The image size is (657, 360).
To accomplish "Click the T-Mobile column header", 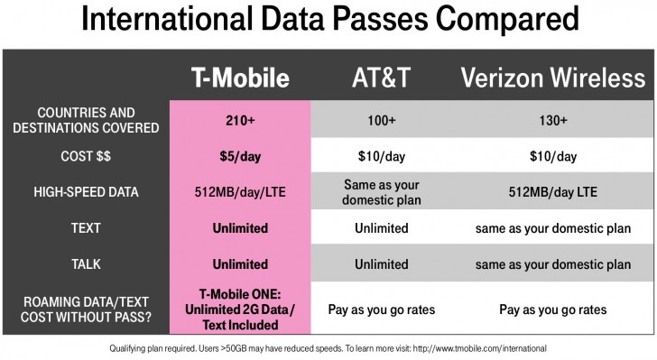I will click(x=240, y=79).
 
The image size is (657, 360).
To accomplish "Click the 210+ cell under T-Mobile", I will click(x=240, y=120).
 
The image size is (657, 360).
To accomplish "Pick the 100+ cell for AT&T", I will click(x=382, y=120).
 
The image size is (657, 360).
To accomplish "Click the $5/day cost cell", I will click(x=240, y=156).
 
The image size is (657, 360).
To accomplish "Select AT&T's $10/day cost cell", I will click(x=382, y=156).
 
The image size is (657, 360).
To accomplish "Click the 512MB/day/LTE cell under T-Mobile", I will click(x=240, y=192).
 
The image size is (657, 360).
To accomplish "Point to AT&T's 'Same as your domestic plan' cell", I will click(x=382, y=192).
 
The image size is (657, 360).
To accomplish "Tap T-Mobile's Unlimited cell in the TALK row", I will click(x=240, y=264).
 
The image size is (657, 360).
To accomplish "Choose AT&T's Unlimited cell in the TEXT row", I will click(x=382, y=228).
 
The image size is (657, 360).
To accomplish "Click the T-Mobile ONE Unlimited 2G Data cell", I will click(x=240, y=309).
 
